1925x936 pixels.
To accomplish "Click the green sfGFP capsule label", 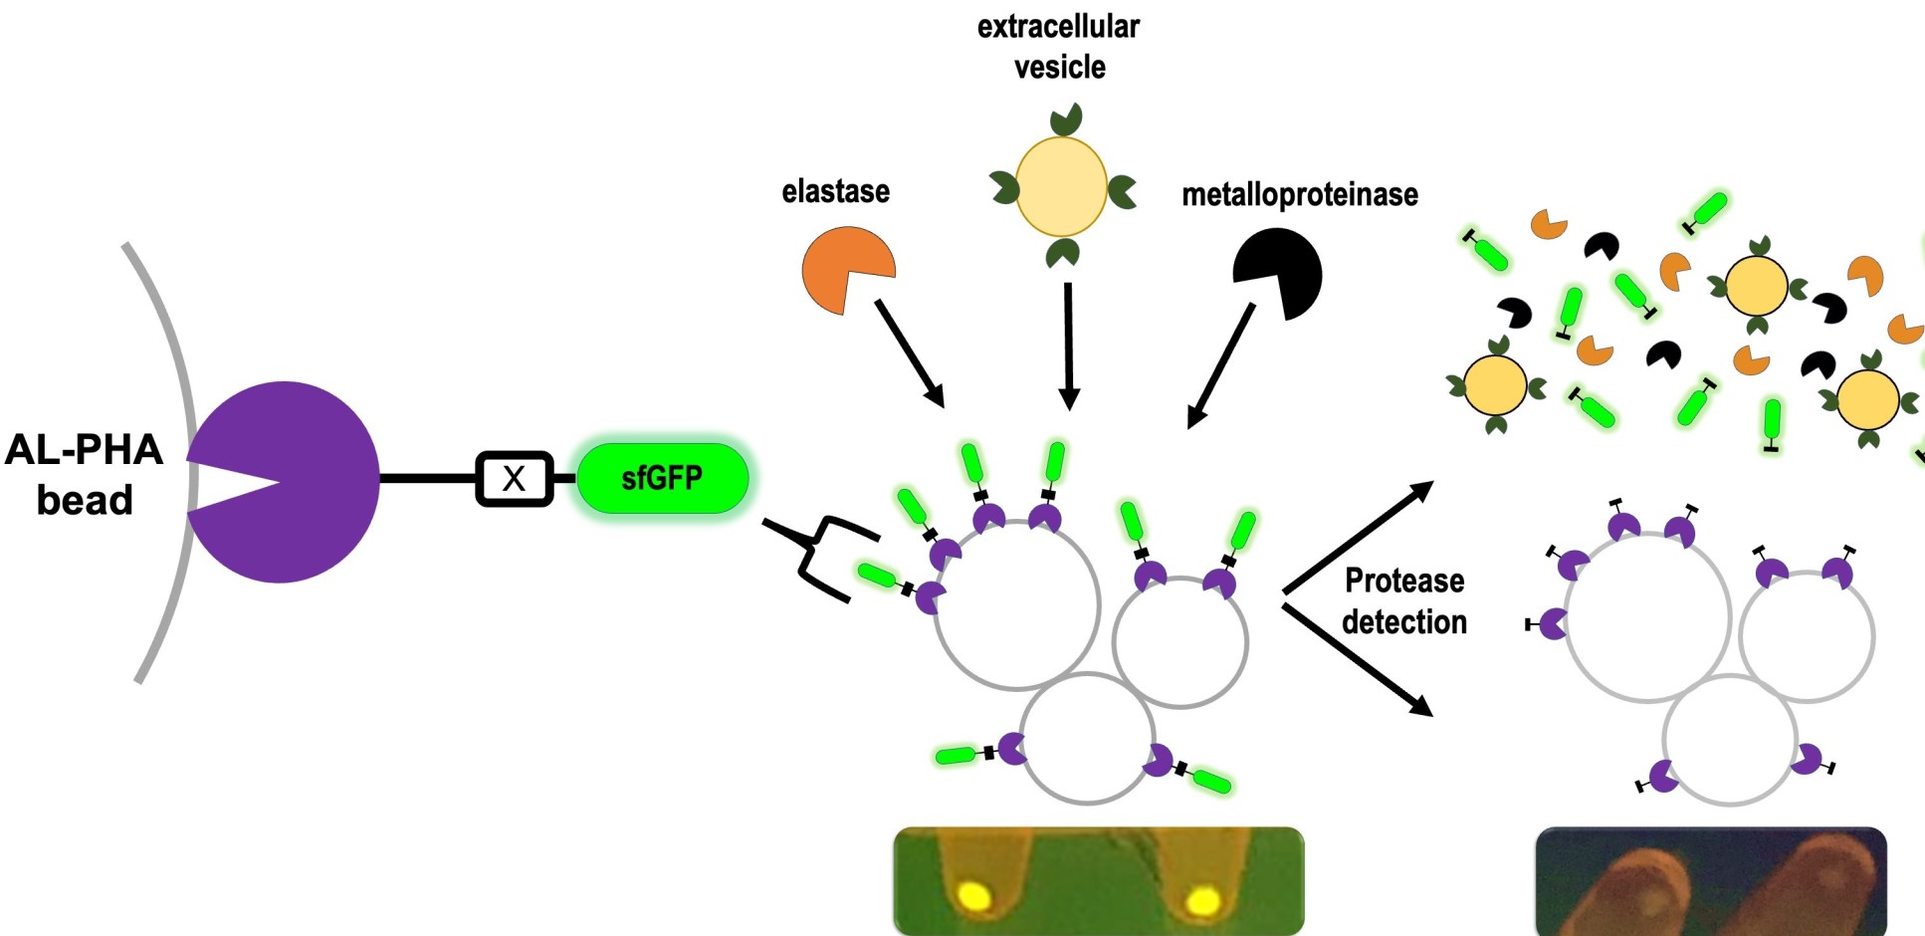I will (662, 479).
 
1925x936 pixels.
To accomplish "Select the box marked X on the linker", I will (514, 479).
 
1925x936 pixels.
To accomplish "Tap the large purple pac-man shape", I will (299, 482).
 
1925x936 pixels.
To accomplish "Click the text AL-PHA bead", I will (84, 474).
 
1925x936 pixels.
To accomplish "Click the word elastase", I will (835, 191).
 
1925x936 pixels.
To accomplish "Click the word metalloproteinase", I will (1299, 194).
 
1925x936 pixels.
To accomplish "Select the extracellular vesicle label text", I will (1058, 47).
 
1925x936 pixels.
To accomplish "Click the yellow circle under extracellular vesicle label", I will (1061, 187).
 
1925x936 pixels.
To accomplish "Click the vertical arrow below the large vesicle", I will (1068, 346).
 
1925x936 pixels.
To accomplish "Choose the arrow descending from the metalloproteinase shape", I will (1221, 366).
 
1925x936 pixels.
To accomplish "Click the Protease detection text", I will (1403, 601).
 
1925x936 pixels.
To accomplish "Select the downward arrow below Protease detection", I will (1359, 659).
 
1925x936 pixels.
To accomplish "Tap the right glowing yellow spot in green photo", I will (1202, 902).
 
